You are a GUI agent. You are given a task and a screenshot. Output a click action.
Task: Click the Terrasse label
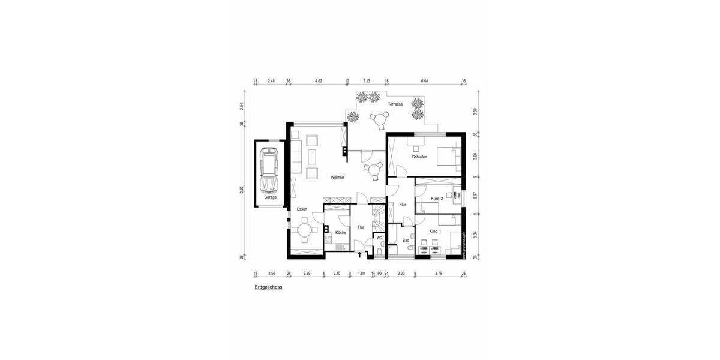395,104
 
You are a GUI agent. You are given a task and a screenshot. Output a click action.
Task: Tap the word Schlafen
419,157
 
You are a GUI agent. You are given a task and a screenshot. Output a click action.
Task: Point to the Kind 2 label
437,198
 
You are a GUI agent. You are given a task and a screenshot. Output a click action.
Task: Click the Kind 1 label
436,231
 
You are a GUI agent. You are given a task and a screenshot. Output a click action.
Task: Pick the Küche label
341,232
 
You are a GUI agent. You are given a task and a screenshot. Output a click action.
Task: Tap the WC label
379,238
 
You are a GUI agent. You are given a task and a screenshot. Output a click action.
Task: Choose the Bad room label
406,239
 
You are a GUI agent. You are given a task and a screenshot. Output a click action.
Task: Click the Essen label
302,209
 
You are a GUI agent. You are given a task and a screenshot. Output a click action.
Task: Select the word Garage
270,197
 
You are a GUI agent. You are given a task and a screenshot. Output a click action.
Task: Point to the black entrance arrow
359,255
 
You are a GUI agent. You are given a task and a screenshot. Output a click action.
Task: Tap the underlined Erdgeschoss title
268,287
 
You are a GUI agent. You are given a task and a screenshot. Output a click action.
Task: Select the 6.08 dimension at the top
424,80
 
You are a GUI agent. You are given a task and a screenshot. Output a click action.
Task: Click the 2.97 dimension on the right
475,196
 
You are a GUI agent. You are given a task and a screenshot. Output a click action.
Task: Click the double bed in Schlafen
447,157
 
